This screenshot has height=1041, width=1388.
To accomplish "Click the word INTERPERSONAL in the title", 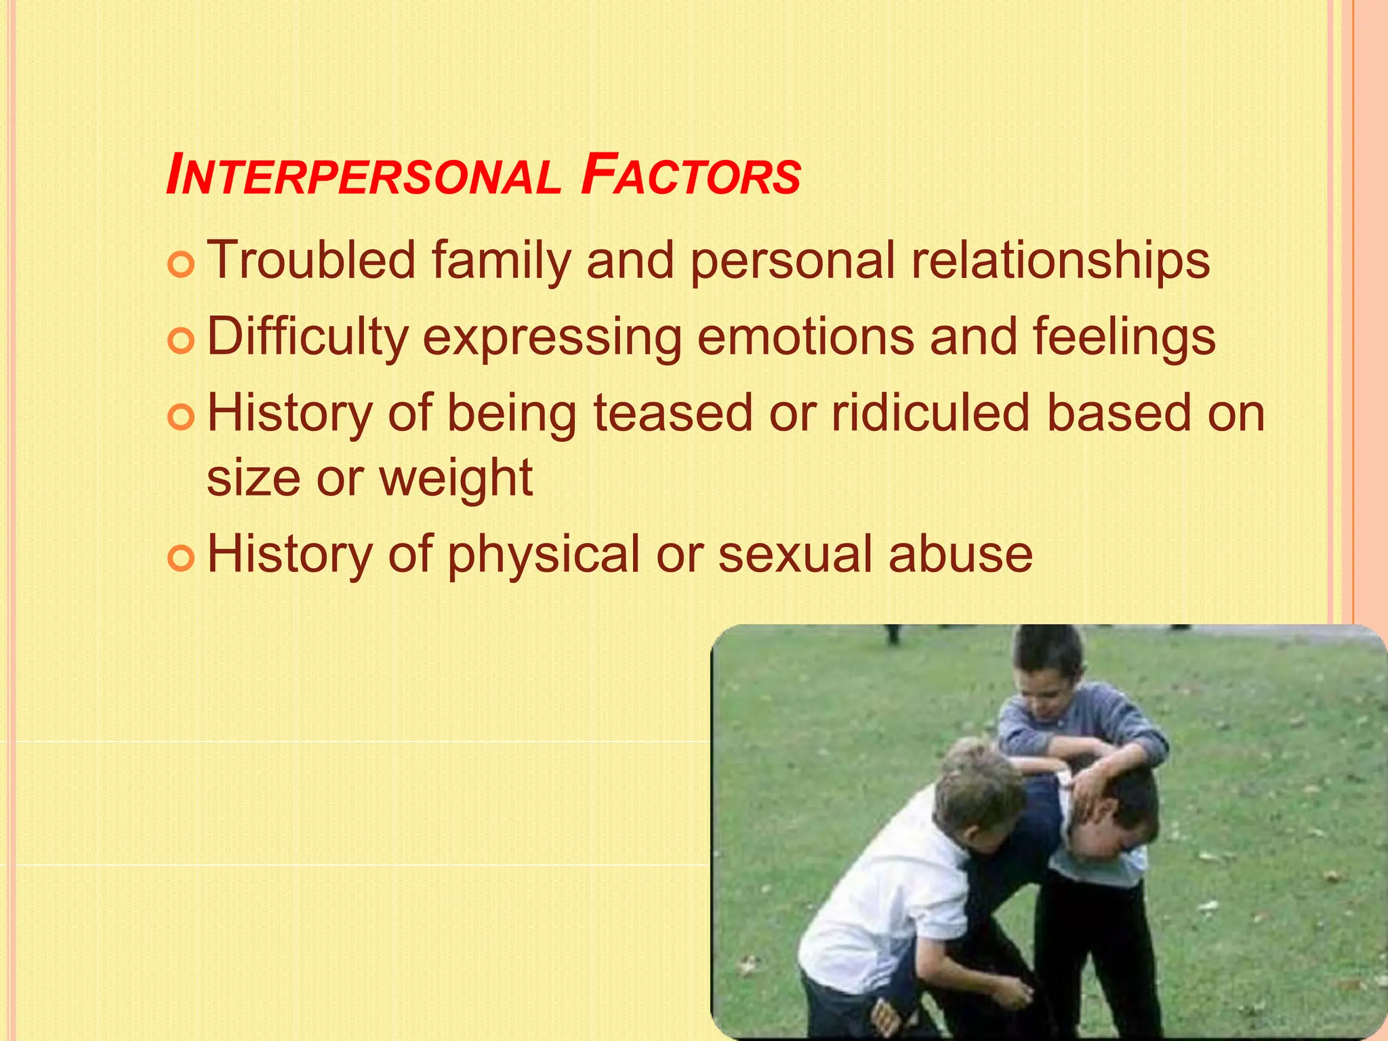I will [363, 176].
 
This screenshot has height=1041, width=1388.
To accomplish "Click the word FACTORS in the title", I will [691, 176].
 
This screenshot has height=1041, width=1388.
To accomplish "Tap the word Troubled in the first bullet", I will [310, 260].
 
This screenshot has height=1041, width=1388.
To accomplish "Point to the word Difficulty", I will [307, 338].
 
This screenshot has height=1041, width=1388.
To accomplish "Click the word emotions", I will [805, 337].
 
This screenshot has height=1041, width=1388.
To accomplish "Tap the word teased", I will [672, 413].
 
